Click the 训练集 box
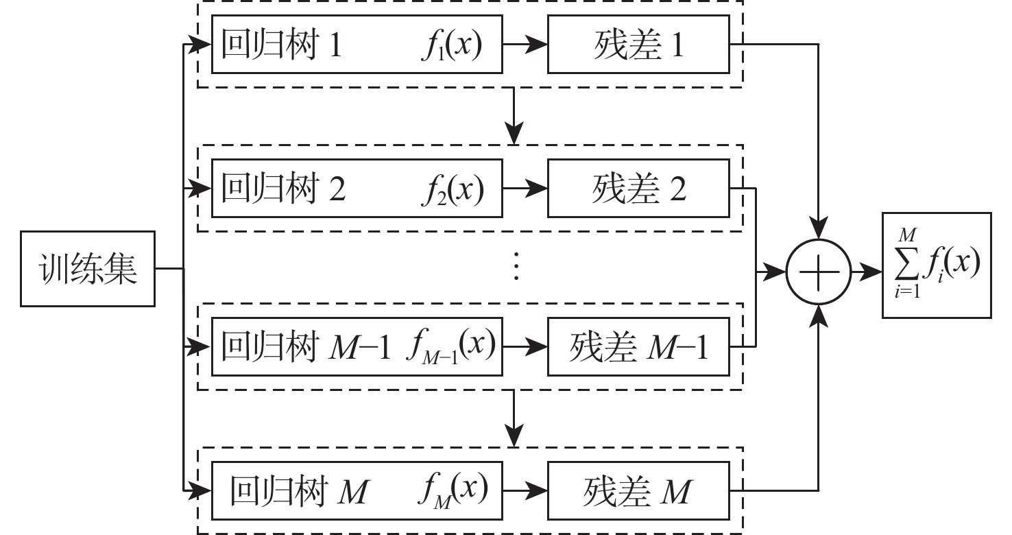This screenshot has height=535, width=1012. pyautogui.click(x=88, y=269)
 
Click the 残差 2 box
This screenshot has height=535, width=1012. pyautogui.click(x=638, y=189)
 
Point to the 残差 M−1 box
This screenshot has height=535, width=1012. pyautogui.click(x=638, y=346)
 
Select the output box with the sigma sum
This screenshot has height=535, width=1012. pyautogui.click(x=936, y=265)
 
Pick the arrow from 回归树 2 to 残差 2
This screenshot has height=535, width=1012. pyautogui.click(x=525, y=189)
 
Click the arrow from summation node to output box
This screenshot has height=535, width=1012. pyautogui.click(x=866, y=272)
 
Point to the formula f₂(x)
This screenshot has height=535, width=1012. pyautogui.click(x=453, y=189)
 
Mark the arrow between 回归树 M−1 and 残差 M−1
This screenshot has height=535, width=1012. pyautogui.click(x=525, y=346)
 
